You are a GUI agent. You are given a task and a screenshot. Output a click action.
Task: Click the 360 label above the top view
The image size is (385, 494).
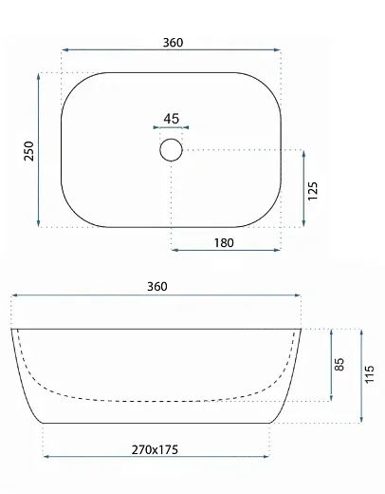point(173,43)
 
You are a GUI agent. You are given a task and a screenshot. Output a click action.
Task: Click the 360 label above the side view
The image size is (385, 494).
point(157,287)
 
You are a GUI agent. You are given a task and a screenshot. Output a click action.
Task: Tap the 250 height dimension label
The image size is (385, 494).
point(28,151)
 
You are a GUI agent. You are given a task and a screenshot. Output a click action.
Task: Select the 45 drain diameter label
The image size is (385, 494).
point(172,119)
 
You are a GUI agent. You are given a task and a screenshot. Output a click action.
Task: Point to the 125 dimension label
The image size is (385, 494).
point(313,191)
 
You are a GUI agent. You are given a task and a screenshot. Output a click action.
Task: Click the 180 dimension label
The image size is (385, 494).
point(224,243)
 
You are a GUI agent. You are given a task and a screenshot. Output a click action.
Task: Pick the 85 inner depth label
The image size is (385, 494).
point(339,365)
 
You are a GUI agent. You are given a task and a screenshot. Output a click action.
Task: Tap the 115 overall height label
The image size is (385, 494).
point(369,374)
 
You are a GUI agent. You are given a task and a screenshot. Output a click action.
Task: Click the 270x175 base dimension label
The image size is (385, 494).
point(155,449)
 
